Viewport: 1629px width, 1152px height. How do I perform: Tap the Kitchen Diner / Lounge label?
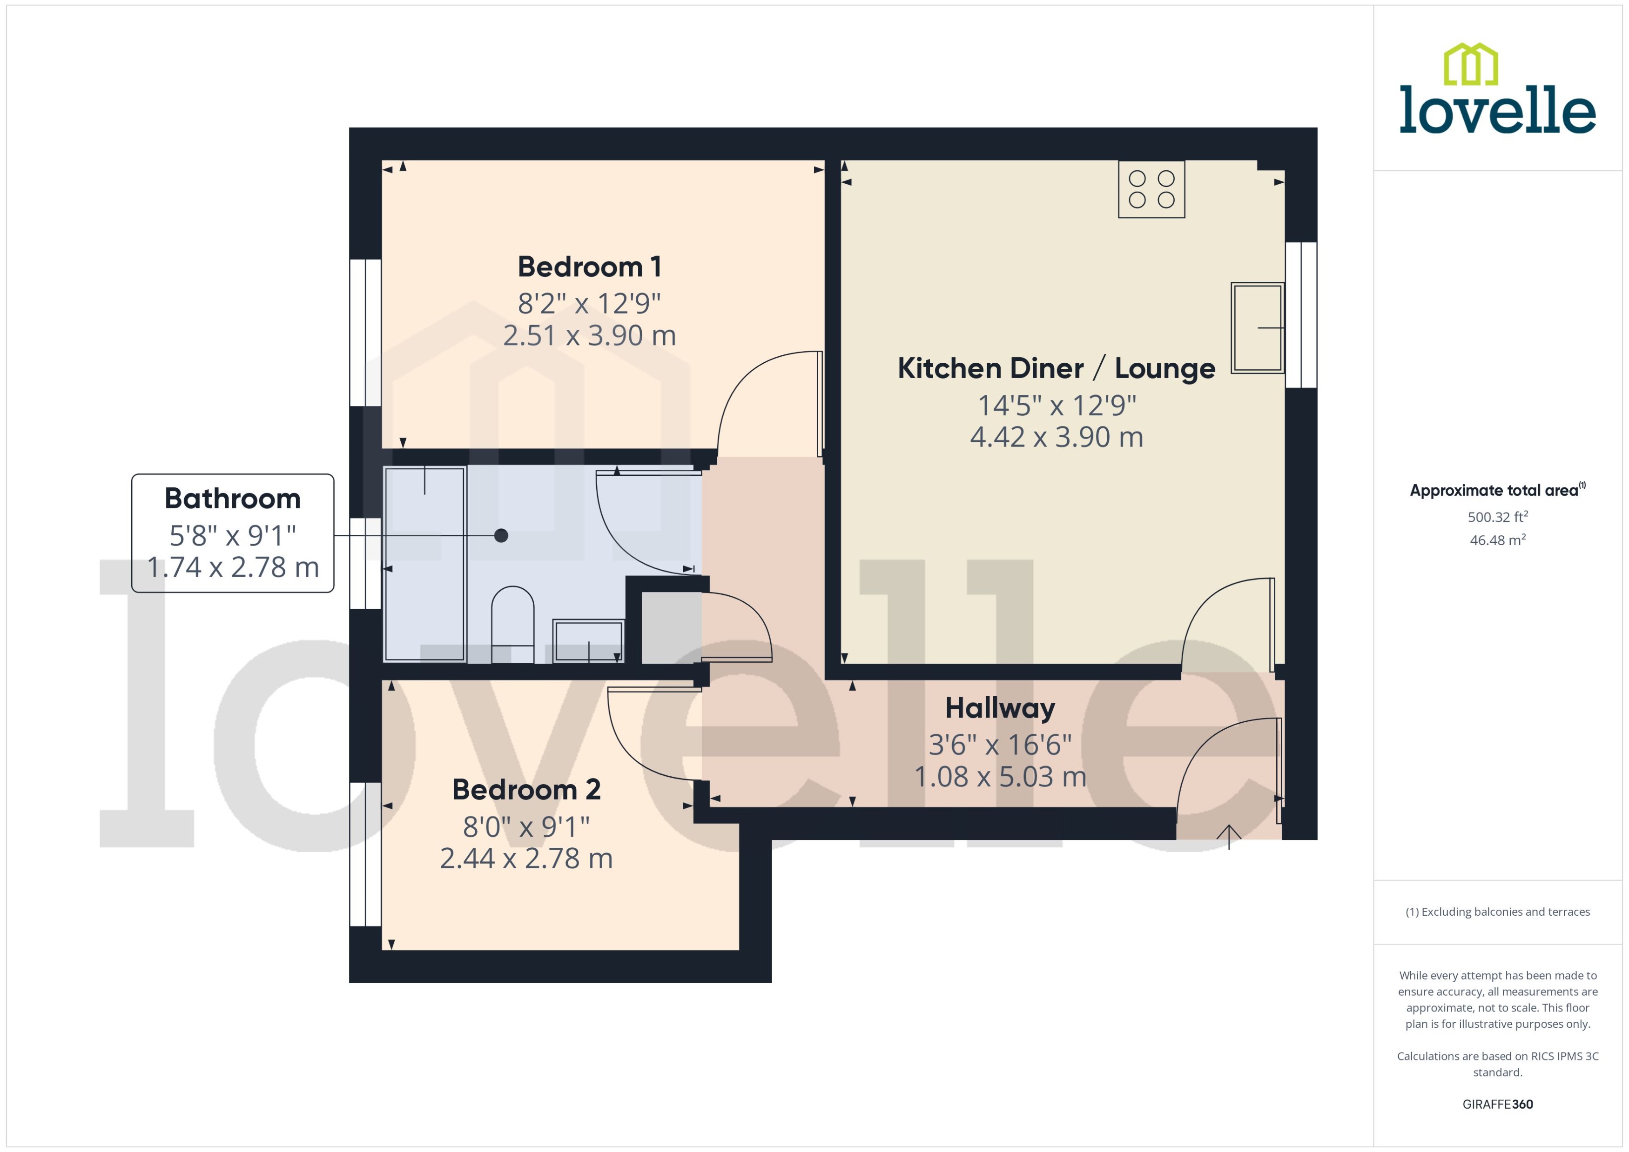(1056, 369)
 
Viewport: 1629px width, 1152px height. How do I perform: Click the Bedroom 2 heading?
(526, 790)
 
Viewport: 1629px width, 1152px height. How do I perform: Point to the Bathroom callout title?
(232, 499)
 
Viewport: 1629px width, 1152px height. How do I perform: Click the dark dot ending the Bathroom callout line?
(501, 536)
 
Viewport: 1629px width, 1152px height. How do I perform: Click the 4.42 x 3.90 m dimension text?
(1056, 437)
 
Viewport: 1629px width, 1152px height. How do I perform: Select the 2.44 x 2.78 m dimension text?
(526, 859)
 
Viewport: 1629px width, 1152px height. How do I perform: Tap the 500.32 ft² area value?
(1497, 517)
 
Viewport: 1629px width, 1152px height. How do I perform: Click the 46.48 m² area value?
(1497, 540)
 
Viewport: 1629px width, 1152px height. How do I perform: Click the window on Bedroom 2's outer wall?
(365, 854)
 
